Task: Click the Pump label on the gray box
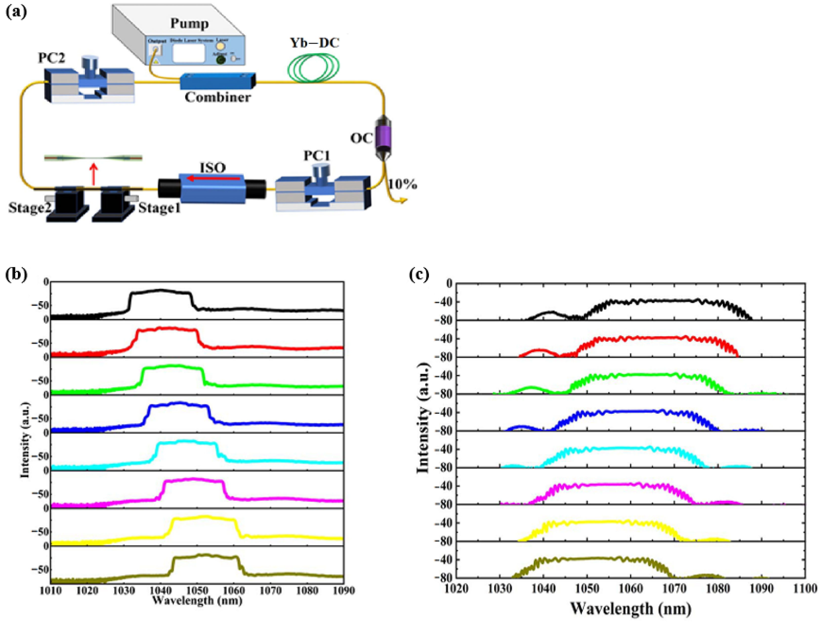tap(189, 24)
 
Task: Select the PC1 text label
tap(317, 155)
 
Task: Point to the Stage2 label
tap(29, 208)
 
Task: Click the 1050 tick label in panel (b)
tap(197, 590)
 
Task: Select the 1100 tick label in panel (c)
tap(805, 589)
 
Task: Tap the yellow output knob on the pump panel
tap(220, 46)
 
